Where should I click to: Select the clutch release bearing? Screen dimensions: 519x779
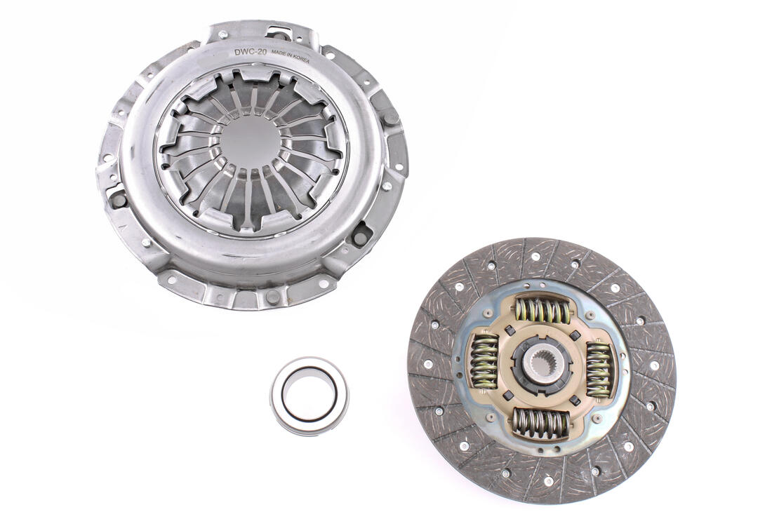[x=309, y=396]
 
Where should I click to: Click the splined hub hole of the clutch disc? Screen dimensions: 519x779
[x=541, y=365]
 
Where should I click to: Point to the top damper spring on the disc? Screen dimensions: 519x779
[x=542, y=309]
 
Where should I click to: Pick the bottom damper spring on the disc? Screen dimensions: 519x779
[x=540, y=423]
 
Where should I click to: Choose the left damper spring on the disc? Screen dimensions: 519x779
[x=484, y=360]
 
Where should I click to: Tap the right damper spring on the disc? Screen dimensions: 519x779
[x=599, y=370]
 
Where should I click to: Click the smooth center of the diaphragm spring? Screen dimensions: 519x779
[x=249, y=144]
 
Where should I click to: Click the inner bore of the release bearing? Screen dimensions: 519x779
[x=309, y=394]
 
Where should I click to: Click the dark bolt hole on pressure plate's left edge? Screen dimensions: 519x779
[x=118, y=200]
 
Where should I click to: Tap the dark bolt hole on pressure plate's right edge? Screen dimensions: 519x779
[x=389, y=117]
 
